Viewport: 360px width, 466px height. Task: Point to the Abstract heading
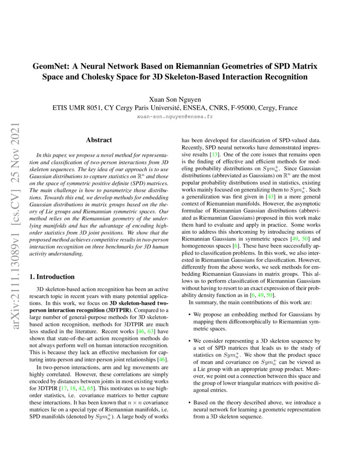[99, 140]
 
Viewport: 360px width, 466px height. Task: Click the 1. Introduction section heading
[52, 277]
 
